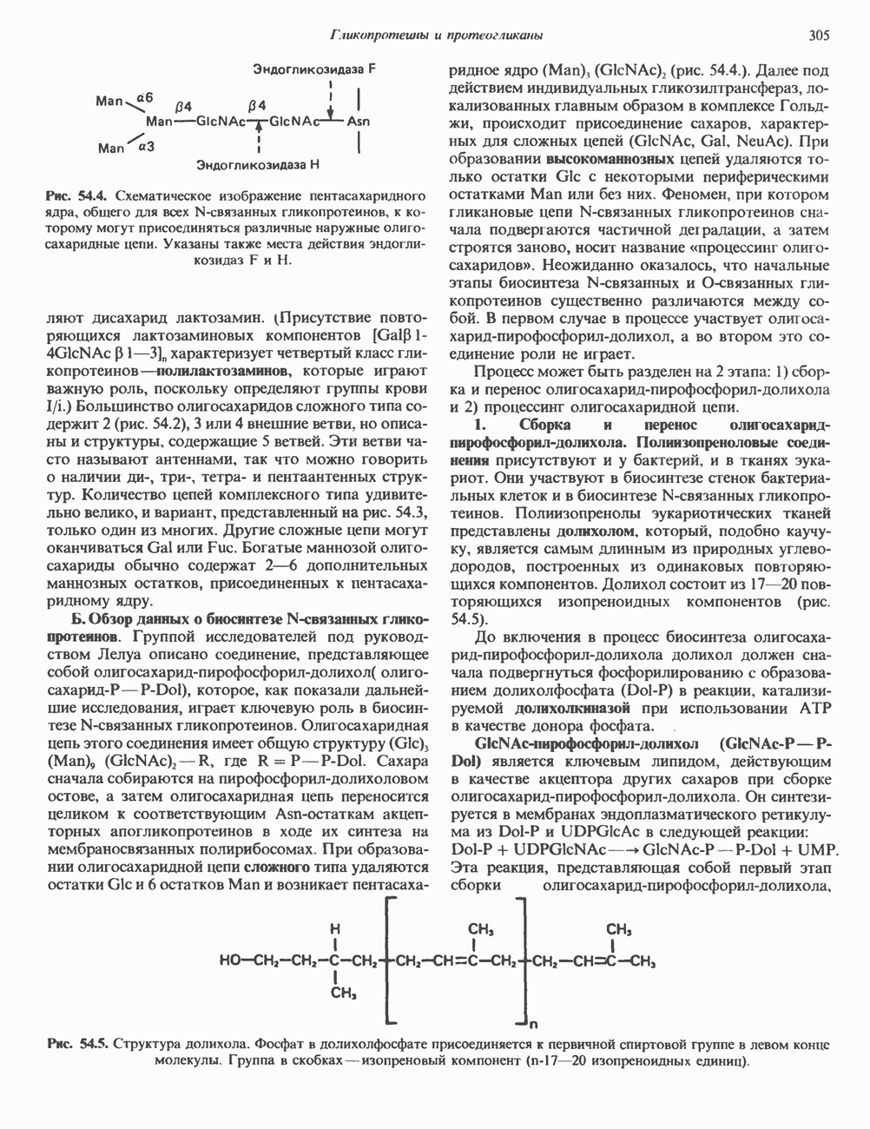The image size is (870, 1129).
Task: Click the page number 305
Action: pos(818,36)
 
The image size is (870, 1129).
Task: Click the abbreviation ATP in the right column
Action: pos(800,709)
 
